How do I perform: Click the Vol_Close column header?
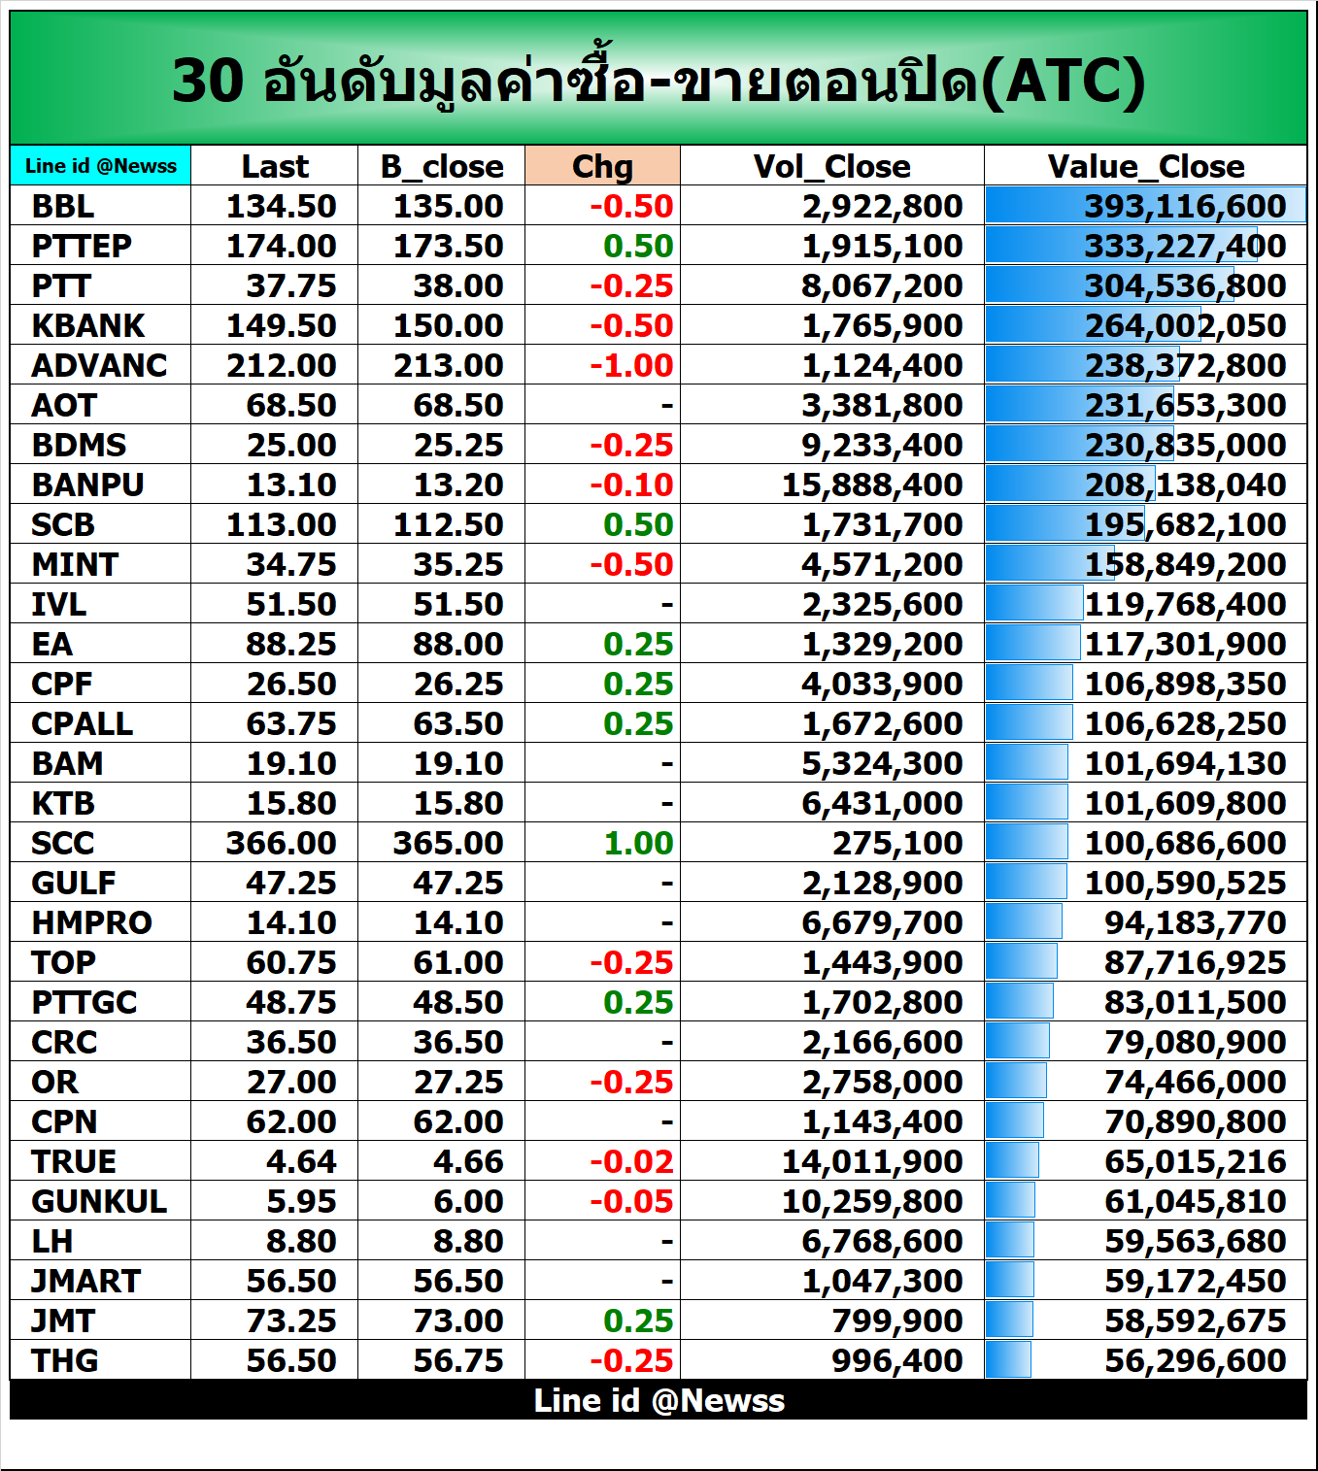831,166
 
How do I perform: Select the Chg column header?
602,166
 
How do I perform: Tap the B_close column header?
442,166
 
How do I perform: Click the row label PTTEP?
81,246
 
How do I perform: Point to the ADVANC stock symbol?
99,365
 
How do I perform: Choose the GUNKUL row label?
99,1201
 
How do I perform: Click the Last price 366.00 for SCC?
281,843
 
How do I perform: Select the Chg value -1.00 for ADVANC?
631,365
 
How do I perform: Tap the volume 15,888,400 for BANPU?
872,485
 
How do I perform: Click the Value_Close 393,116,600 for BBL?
1185,206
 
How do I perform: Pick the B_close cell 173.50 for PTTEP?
448,246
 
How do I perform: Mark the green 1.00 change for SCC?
638,843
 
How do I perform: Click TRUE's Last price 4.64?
301,1161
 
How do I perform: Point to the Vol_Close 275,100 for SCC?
896,843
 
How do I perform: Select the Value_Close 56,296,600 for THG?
1195,1360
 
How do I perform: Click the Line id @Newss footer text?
659,1400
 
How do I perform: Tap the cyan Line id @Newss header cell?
101,165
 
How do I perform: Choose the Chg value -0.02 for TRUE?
631,1161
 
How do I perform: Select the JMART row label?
85,1281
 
